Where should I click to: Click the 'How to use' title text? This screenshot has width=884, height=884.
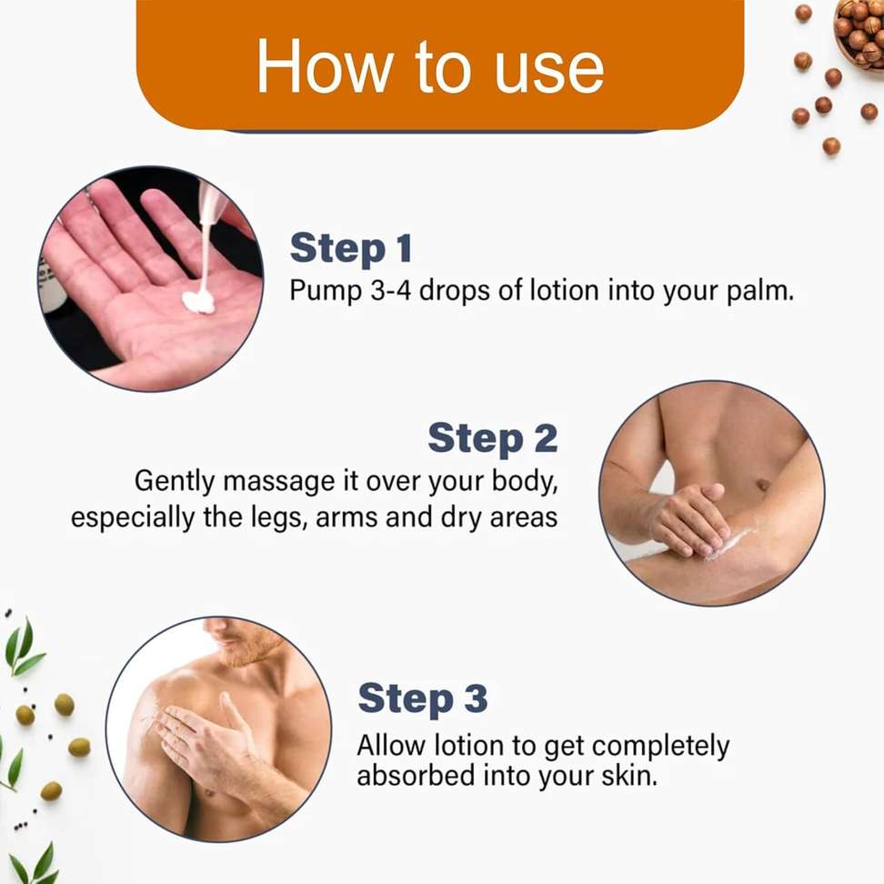[x=430, y=67]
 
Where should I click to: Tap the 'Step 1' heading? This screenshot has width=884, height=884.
[x=351, y=248]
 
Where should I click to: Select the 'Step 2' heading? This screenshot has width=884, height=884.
[x=493, y=438]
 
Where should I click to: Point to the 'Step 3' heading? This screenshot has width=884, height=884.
[x=422, y=699]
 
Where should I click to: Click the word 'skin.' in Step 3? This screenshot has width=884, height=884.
[x=629, y=777]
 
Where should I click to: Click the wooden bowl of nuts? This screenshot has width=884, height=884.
[x=859, y=32]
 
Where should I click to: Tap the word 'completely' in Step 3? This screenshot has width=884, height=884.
[x=660, y=747]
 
